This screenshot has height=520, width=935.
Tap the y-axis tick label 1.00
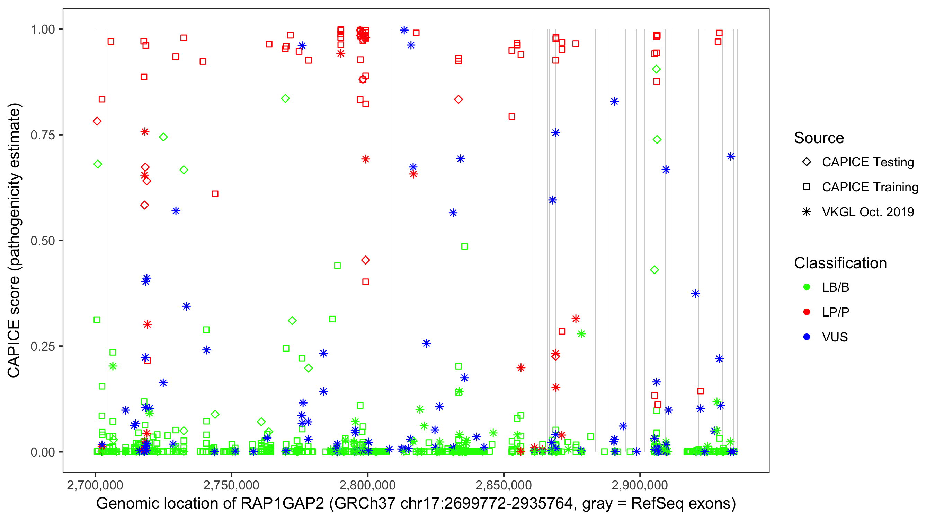click(43, 29)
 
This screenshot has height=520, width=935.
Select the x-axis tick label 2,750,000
click(231, 485)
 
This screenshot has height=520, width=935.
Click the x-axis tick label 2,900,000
click(640, 485)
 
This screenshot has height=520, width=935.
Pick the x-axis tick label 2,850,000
click(504, 485)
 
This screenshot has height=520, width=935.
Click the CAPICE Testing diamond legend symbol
click(807, 162)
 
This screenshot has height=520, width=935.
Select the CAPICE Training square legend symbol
click(807, 187)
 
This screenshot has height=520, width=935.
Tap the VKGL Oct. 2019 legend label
click(867, 212)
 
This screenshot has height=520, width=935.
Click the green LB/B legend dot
click(807, 287)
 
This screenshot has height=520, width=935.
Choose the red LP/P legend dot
click(807, 312)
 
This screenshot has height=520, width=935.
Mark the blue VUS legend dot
click(807, 337)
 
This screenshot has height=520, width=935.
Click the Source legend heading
click(819, 138)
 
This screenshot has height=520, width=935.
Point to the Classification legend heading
click(840, 263)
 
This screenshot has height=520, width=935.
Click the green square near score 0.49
click(464, 246)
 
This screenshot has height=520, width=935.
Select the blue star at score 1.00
click(404, 30)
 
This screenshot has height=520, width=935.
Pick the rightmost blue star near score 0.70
click(731, 156)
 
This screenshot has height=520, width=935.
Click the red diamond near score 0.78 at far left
click(97, 121)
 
